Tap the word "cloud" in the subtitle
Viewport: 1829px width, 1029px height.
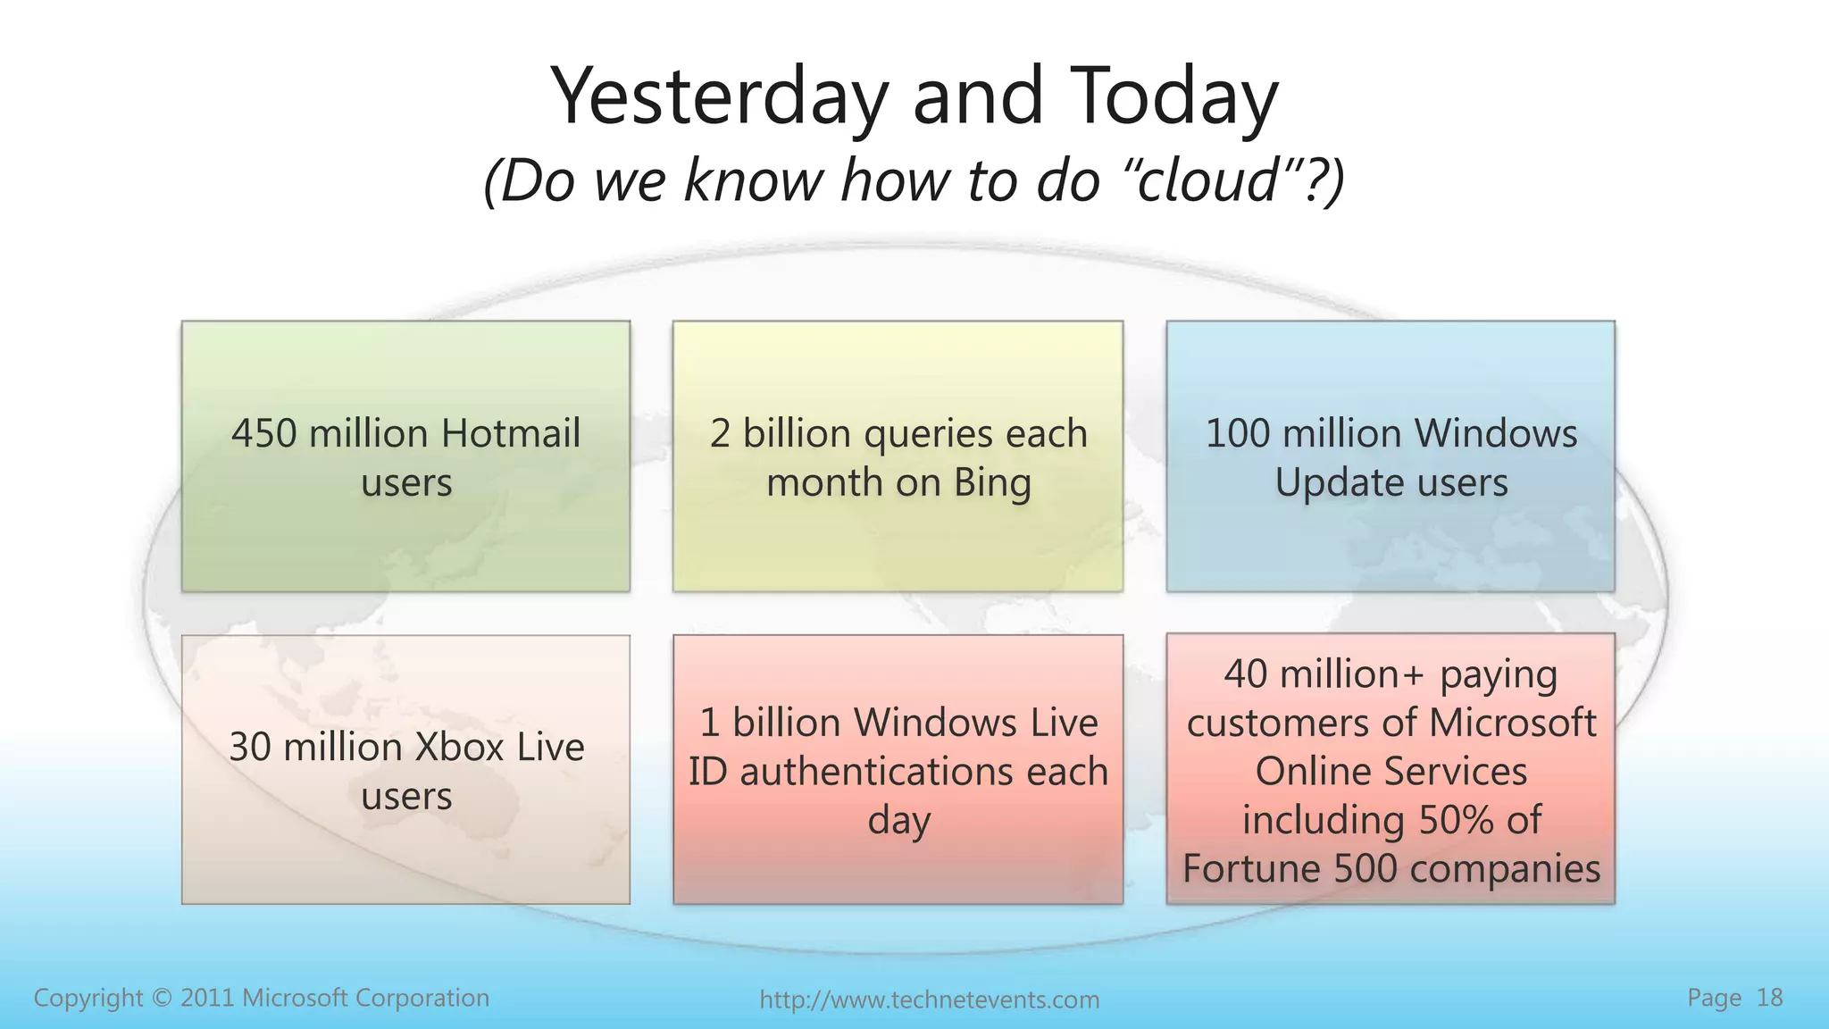(1200, 180)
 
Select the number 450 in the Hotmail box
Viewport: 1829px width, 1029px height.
(263, 433)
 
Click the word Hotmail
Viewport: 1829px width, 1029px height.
(511, 433)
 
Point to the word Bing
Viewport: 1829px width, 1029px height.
(992, 483)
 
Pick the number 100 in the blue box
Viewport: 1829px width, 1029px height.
(1237, 433)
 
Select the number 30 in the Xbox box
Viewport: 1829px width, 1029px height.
(249, 747)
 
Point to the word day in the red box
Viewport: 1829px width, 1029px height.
(898, 821)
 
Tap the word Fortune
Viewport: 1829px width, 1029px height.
(1251, 868)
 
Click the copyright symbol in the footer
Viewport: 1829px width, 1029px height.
(161, 998)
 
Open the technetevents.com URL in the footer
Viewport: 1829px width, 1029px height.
(929, 1000)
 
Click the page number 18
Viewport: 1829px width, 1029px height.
(1769, 998)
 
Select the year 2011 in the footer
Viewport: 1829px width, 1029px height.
(208, 998)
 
